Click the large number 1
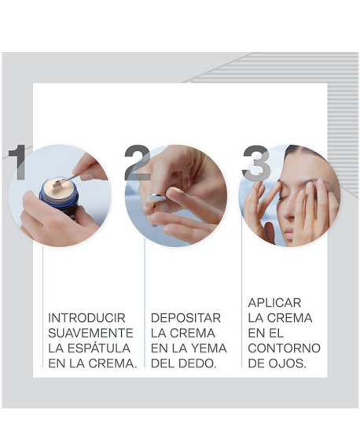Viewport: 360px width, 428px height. click(17, 162)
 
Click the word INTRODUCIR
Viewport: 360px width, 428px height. click(86, 317)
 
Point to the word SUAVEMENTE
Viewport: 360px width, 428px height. click(90, 333)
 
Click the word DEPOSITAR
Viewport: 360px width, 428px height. click(186, 317)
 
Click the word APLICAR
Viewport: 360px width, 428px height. click(274, 302)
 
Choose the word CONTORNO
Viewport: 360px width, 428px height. click(284, 348)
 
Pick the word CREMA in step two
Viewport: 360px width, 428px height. click(197, 333)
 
